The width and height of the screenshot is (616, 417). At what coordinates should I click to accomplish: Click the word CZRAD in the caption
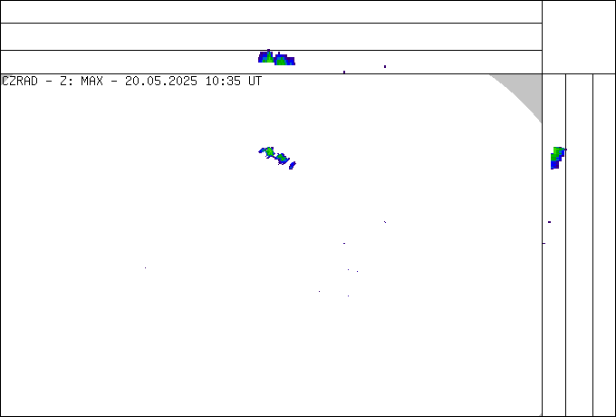(20, 82)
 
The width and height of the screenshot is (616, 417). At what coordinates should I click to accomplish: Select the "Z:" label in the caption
(65, 82)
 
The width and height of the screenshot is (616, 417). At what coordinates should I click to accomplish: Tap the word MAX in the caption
(91, 82)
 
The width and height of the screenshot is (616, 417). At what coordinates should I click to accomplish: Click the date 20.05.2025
(161, 82)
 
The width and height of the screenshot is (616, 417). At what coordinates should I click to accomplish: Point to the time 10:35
(224, 82)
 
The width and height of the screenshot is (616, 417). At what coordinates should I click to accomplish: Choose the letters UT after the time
(255, 82)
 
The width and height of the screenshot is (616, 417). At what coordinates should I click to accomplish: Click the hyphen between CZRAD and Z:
(49, 82)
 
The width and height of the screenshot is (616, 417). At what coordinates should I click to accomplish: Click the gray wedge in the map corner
(526, 91)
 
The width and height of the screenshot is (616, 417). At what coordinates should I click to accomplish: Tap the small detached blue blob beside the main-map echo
(293, 166)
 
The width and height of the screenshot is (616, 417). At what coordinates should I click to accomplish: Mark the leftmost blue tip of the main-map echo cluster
(259, 150)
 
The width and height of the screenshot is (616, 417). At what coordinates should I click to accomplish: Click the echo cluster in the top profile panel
(276, 58)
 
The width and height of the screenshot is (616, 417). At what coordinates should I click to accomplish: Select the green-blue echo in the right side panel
(557, 158)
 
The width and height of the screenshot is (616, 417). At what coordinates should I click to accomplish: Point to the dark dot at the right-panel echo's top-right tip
(565, 150)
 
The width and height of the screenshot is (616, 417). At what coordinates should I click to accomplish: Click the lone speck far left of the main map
(145, 268)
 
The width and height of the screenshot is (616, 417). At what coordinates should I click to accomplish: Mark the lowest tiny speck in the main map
(348, 296)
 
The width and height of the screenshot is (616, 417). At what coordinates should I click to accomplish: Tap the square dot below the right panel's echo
(549, 222)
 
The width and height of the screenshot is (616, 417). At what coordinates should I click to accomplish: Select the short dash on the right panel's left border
(544, 243)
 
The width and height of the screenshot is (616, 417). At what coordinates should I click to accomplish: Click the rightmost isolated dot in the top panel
(385, 66)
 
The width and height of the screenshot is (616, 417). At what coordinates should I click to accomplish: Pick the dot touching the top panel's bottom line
(344, 72)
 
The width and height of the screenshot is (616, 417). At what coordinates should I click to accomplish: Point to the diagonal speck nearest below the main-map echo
(385, 222)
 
